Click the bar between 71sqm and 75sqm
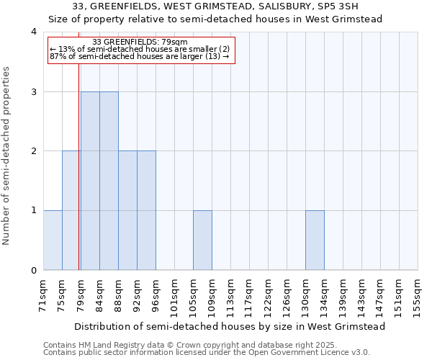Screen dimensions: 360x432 53,240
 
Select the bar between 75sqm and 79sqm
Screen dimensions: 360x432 71,210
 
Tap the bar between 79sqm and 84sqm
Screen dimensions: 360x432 90,181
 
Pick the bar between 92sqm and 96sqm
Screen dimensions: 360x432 146,210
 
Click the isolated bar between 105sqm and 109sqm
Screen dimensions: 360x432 202,240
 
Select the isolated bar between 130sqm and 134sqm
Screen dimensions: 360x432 315,240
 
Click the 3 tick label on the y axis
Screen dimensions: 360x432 34,91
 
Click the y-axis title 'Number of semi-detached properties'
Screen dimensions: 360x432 6,156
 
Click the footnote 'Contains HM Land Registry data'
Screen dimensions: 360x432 108,345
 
